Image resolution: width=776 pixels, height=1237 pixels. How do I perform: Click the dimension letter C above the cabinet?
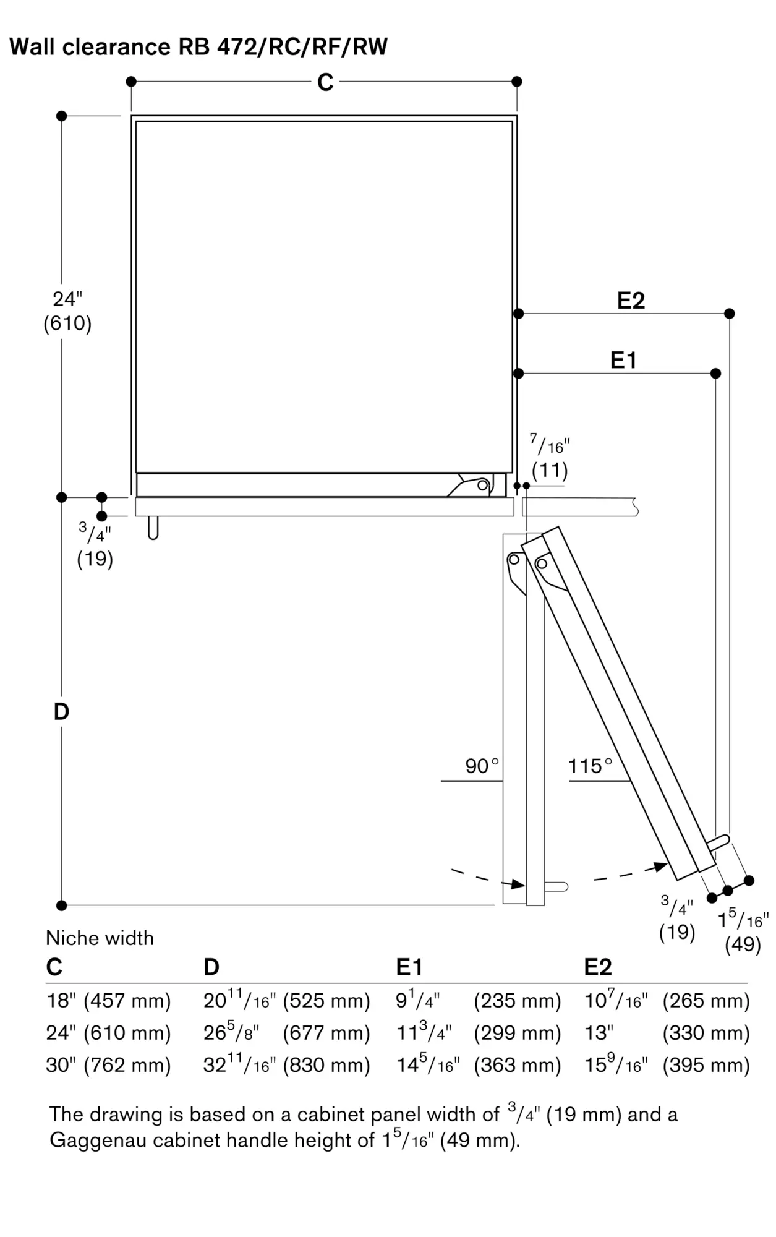point(325,82)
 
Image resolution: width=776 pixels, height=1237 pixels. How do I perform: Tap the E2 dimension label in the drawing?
point(631,301)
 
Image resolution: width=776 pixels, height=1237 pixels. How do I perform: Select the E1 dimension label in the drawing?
point(623,360)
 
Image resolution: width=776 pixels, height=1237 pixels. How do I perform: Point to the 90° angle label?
point(482,766)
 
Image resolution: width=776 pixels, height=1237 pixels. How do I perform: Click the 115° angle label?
point(590,766)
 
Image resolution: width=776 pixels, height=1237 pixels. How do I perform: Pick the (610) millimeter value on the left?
point(67,323)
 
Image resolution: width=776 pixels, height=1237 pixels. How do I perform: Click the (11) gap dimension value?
point(550,471)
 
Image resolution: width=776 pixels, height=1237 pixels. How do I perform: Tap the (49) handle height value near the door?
point(743,944)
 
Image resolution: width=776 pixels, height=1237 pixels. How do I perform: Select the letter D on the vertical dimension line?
point(61,712)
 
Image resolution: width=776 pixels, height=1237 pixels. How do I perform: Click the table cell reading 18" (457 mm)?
point(108,1001)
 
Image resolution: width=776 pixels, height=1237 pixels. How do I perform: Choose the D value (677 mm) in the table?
point(326,1033)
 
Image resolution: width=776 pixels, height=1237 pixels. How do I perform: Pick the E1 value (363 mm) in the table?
point(518,1065)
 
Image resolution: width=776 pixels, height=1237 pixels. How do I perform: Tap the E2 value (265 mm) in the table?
point(706,1001)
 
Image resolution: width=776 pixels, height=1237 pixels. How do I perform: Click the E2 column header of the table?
point(598,967)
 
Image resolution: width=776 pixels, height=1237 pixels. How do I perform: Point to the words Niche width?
point(100,938)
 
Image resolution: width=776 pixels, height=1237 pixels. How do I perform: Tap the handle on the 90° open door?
point(556,887)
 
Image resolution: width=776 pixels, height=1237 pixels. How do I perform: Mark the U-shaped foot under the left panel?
point(153,528)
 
